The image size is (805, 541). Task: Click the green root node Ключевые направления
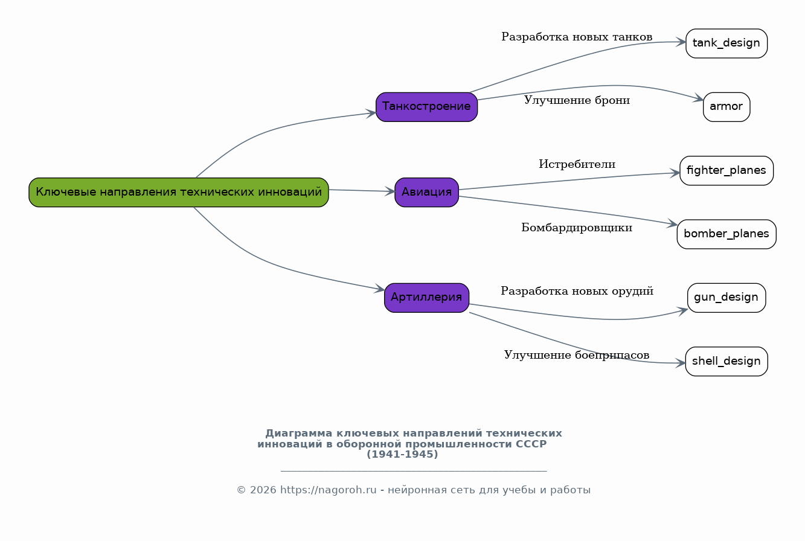point(179,192)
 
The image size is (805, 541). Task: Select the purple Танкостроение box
point(426,107)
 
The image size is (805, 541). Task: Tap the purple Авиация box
point(426,192)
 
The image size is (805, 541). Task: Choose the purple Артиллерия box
point(426,298)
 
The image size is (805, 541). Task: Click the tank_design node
point(726,43)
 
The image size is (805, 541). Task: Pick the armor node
point(726,107)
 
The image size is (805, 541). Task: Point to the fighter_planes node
point(726,171)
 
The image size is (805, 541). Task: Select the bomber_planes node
point(726,234)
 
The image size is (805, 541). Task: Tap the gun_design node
point(726,298)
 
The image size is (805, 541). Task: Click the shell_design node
point(726,362)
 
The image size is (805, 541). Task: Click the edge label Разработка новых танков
point(577,37)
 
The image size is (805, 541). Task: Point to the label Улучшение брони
point(577,100)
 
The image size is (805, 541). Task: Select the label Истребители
point(577,164)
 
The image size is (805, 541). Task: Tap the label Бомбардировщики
point(577,228)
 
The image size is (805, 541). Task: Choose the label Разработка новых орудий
point(577,291)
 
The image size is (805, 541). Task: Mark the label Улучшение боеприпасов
point(577,355)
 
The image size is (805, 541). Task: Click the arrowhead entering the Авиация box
point(390,191)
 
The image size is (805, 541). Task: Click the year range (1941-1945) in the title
point(402,455)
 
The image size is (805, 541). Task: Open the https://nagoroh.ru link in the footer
point(328,490)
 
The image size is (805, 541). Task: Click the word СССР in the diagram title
point(531,444)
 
